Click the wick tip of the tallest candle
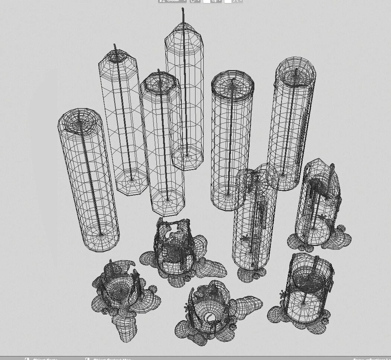click(x=183, y=9)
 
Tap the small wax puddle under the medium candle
click(x=253, y=274)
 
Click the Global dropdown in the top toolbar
click(x=172, y=1)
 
